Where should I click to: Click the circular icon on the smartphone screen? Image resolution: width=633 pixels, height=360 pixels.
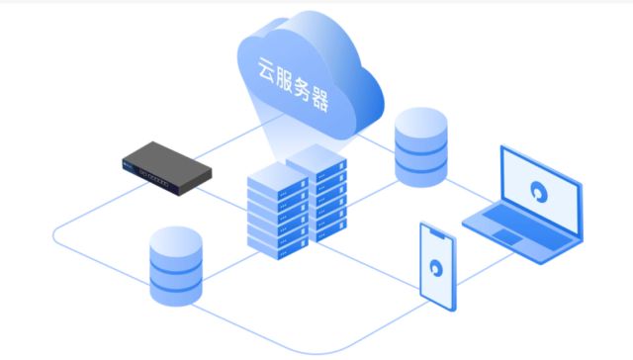436,266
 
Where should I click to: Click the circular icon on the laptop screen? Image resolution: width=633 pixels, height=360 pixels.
539,193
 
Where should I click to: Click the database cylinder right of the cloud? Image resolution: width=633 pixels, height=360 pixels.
422,147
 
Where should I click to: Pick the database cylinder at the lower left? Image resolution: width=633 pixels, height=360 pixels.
176,265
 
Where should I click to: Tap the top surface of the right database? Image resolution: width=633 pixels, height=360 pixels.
422,125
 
